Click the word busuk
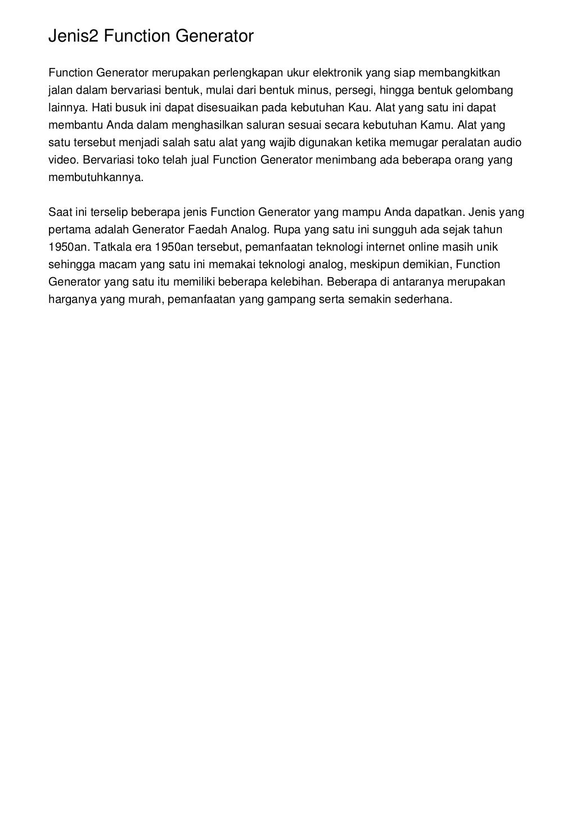pos(131,107)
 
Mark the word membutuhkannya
pos(96,178)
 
